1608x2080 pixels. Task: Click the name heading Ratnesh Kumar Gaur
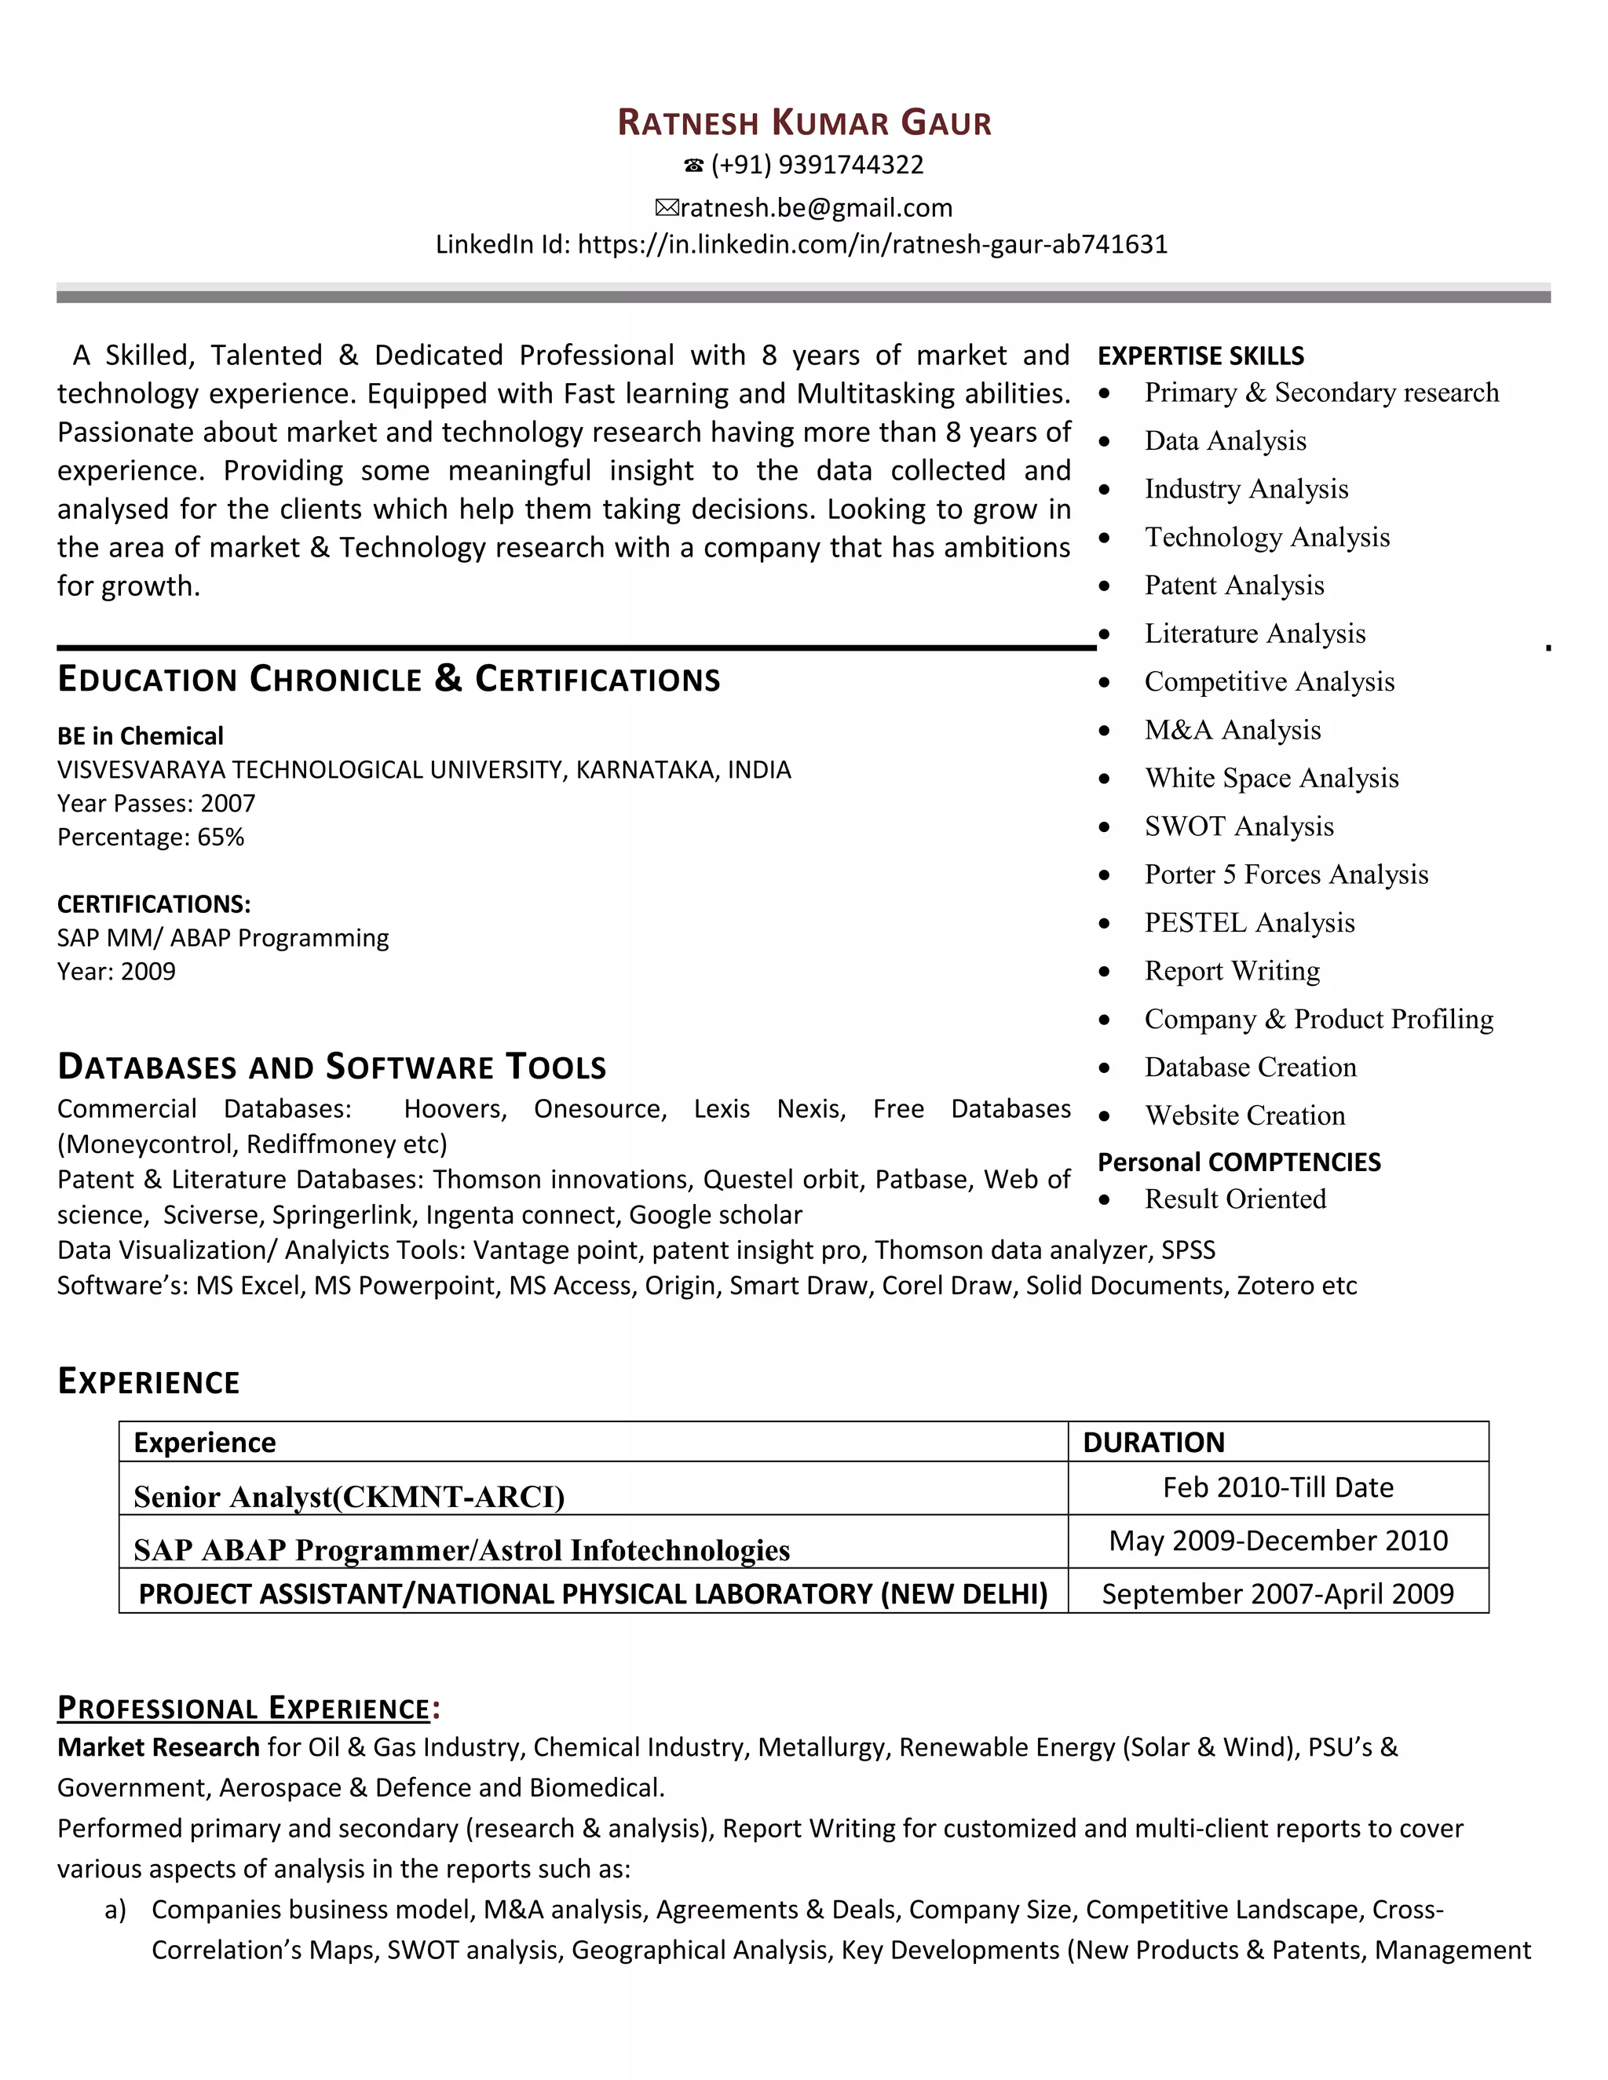pyautogui.click(x=804, y=123)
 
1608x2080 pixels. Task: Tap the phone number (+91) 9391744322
pyautogui.click(x=817, y=165)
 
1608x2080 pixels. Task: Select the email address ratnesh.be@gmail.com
pyautogui.click(x=816, y=208)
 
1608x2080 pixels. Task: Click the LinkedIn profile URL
pyautogui.click(x=872, y=245)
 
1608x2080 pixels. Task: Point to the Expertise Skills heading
pyautogui.click(x=1201, y=356)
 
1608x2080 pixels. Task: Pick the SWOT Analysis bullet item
pyautogui.click(x=1238, y=826)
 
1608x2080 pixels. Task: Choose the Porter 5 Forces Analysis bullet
pyautogui.click(x=1286, y=874)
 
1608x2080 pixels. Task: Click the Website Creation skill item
pyautogui.click(x=1244, y=1115)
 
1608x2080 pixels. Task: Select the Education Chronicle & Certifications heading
pyautogui.click(x=389, y=679)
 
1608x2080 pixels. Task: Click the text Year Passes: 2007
pyautogui.click(x=156, y=803)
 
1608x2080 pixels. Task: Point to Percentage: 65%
pyautogui.click(x=151, y=837)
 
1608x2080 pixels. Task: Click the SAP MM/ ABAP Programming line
pyautogui.click(x=223, y=938)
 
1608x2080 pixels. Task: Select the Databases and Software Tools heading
pyautogui.click(x=331, y=1067)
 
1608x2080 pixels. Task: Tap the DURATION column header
pyautogui.click(x=1153, y=1442)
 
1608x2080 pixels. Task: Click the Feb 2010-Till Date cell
pyautogui.click(x=1277, y=1487)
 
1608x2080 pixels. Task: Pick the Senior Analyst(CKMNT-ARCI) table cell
pyautogui.click(x=349, y=1497)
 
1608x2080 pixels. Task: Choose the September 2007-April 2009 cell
pyautogui.click(x=1277, y=1594)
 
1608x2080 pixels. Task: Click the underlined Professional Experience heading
pyautogui.click(x=244, y=1708)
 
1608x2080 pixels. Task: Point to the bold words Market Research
pyautogui.click(x=158, y=1748)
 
